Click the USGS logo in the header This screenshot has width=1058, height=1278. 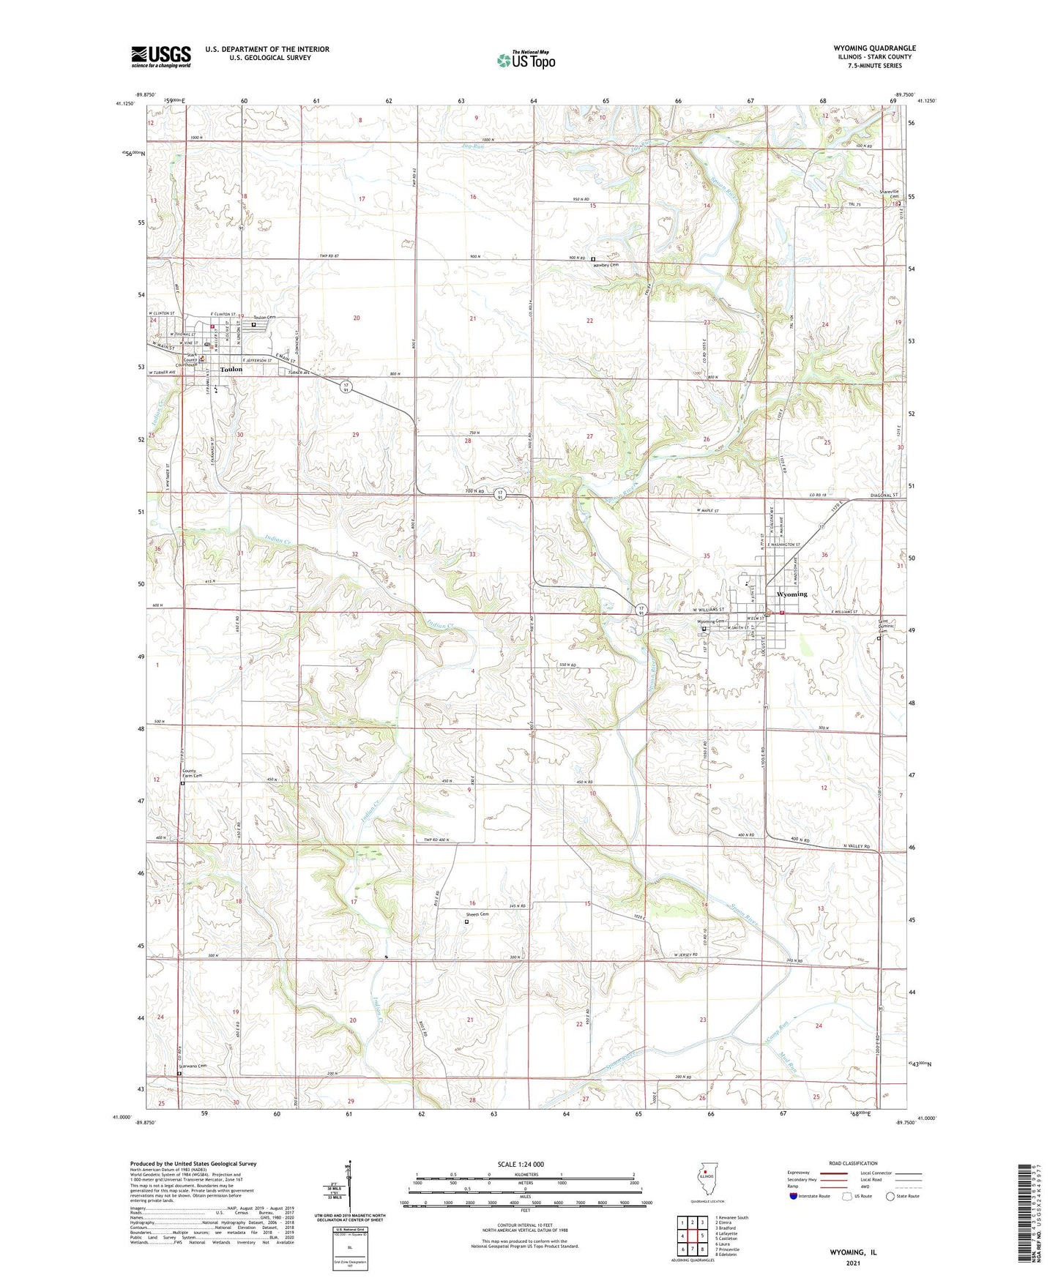161,56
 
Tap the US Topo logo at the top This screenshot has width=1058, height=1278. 526,60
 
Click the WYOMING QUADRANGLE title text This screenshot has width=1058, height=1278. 874,48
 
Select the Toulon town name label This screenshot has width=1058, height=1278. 231,370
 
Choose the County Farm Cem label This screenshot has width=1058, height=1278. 191,774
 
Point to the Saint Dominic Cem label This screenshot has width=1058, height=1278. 887,627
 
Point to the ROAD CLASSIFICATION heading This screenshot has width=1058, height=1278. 854,1163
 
